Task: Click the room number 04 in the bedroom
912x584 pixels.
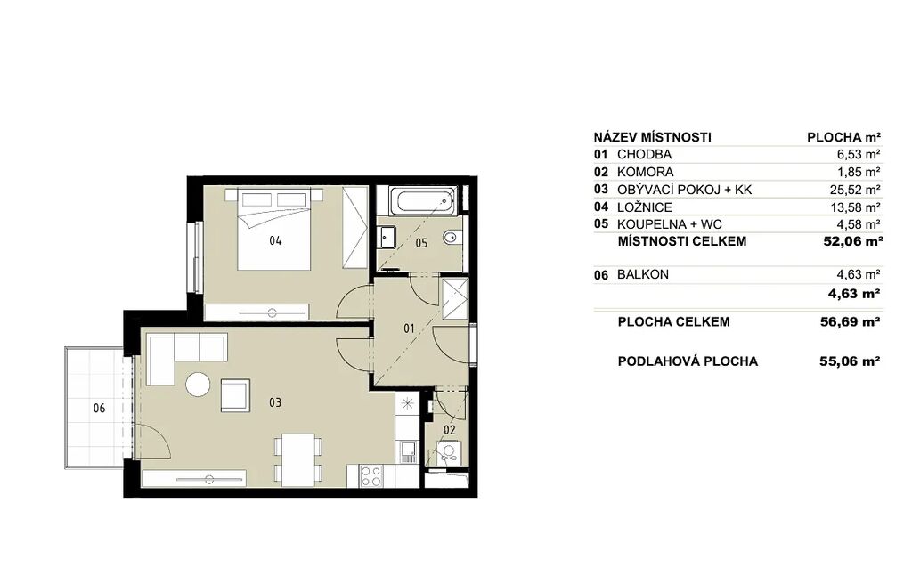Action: click(x=275, y=240)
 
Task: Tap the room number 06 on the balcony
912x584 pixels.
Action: click(x=100, y=409)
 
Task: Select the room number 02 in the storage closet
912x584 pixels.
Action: click(x=449, y=430)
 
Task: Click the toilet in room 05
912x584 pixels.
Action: click(x=452, y=238)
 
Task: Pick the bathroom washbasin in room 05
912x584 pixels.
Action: click(x=387, y=237)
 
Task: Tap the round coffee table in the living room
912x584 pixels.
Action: click(x=198, y=385)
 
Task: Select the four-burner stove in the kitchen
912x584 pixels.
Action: click(x=370, y=476)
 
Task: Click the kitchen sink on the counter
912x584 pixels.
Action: click(x=408, y=451)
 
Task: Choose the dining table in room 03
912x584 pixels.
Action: click(x=298, y=459)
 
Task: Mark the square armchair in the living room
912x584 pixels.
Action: click(x=235, y=395)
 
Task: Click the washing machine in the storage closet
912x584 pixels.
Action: click(x=449, y=453)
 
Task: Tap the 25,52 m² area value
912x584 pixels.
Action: click(x=854, y=190)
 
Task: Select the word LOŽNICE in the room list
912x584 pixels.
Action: click(x=645, y=207)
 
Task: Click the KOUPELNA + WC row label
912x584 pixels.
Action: click(x=670, y=224)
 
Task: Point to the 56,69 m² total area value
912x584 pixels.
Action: click(x=850, y=321)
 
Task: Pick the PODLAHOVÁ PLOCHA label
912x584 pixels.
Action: click(x=688, y=361)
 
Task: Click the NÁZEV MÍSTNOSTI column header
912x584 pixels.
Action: click(x=653, y=137)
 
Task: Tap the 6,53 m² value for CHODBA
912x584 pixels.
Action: click(x=858, y=155)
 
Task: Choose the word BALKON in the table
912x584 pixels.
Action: click(x=643, y=274)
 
